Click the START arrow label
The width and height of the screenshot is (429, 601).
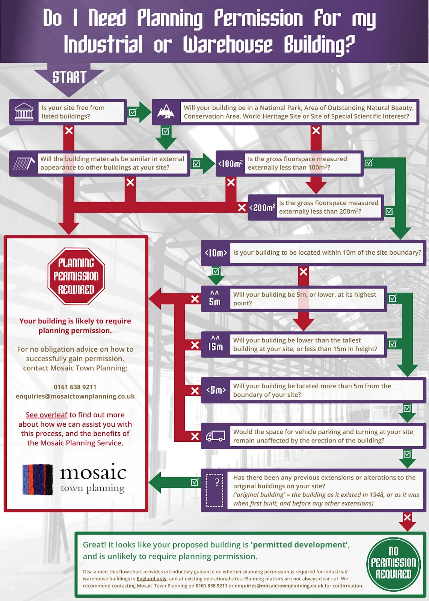point(69,77)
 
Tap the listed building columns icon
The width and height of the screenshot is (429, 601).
point(24,112)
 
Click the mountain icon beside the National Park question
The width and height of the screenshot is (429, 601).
point(166,112)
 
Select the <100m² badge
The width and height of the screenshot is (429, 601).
point(230,163)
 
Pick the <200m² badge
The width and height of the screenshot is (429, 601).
point(262,207)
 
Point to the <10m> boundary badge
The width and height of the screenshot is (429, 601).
point(216,253)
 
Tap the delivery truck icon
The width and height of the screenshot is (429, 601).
point(215,436)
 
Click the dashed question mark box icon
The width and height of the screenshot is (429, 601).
point(214,490)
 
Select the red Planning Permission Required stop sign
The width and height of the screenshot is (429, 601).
point(76,276)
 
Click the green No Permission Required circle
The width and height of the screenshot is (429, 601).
point(393,563)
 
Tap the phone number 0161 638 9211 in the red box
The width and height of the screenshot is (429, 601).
point(75,387)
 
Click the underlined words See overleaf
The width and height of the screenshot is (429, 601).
point(47,415)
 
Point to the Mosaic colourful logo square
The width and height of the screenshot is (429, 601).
point(38,479)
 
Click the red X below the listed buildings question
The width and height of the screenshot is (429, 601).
point(69,131)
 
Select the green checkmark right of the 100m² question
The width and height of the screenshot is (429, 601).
point(369,163)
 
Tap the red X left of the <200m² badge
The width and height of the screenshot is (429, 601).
point(242,207)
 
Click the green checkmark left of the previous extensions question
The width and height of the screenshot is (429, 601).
point(195,482)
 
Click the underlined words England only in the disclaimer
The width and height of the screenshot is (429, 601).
point(151,579)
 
